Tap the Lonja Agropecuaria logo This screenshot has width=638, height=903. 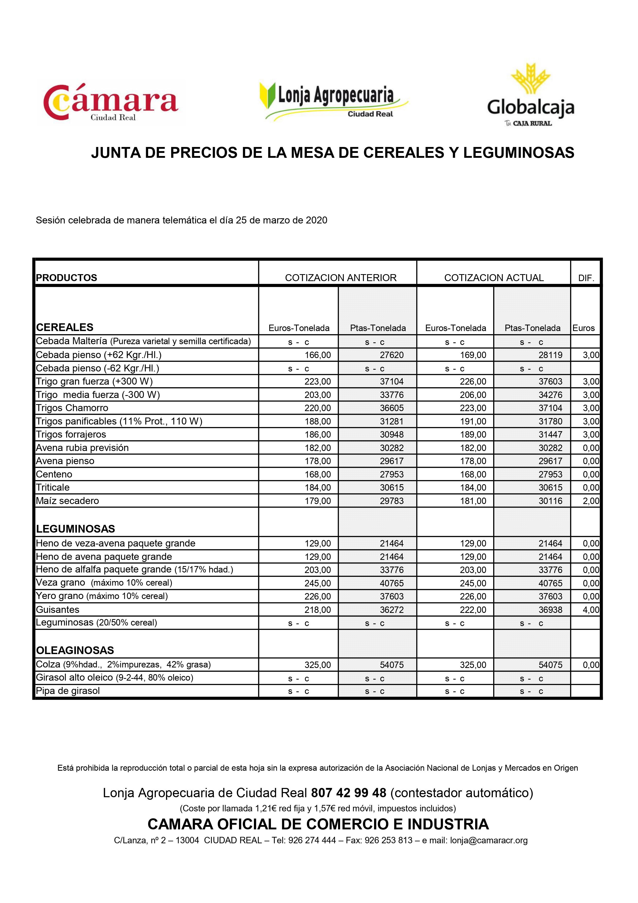pyautogui.click(x=334, y=101)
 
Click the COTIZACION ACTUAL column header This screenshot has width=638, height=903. pyautogui.click(x=494, y=278)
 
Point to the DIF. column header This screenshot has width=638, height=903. pyautogui.click(x=586, y=278)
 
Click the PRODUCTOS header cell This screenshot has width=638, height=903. pyautogui.click(x=66, y=278)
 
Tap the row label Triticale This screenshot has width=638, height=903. pyautogui.click(x=53, y=487)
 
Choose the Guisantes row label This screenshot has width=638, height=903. pyautogui.click(x=57, y=610)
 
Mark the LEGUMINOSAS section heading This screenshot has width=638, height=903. pyautogui.click(x=75, y=528)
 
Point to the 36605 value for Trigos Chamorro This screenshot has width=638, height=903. pyautogui.click(x=392, y=408)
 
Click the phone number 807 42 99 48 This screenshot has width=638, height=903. pyautogui.click(x=349, y=793)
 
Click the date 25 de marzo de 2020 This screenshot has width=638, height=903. pyautogui.click(x=281, y=220)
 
